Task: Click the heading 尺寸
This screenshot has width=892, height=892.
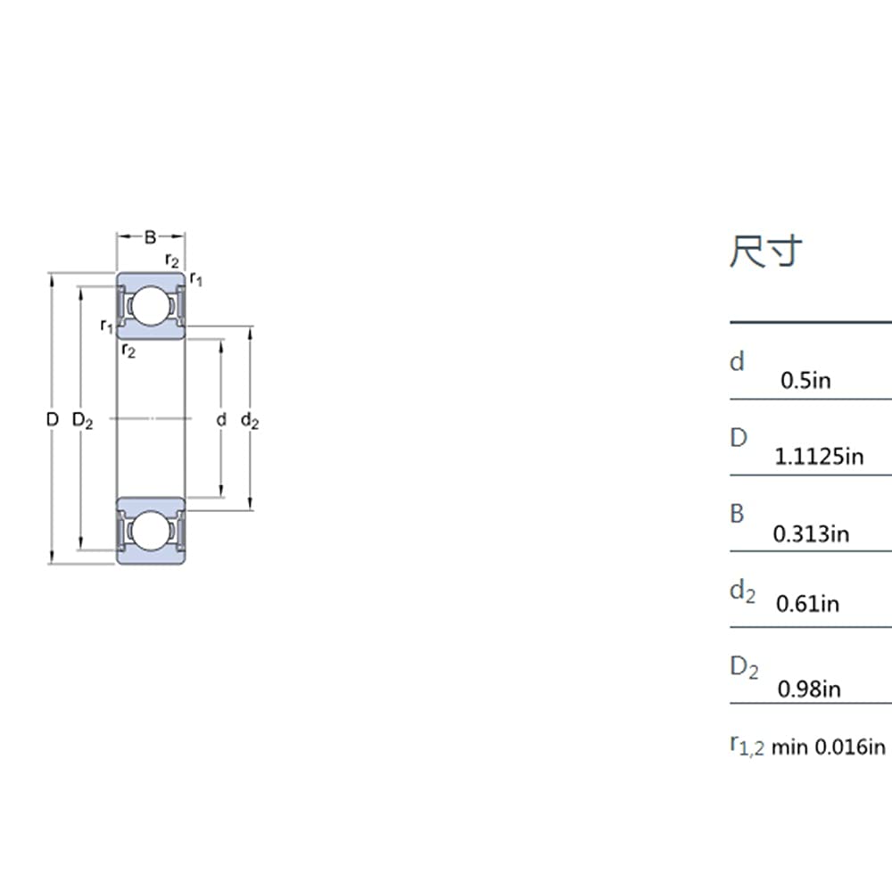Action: [766, 252]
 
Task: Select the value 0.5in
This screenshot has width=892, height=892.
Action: [805, 381]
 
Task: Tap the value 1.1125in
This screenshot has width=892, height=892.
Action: [819, 457]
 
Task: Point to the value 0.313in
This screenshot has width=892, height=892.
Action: [811, 533]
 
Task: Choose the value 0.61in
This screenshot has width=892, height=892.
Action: [808, 604]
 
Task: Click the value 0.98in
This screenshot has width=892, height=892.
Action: [810, 689]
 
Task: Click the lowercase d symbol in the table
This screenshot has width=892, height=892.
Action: [737, 361]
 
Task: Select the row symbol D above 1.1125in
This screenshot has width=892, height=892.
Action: [738, 438]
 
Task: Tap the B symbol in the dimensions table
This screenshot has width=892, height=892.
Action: [737, 514]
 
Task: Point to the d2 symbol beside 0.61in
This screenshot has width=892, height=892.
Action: [742, 591]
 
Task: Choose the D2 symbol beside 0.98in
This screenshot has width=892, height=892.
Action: [744, 667]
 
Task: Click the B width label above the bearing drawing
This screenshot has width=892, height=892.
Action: [151, 237]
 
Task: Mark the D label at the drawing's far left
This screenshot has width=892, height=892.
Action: [52, 419]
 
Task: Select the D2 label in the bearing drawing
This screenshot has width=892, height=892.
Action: [82, 421]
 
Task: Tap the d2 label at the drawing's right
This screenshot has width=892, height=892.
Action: [250, 421]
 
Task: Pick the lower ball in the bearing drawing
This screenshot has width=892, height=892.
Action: [150, 531]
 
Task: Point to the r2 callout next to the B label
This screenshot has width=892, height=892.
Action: [172, 260]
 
